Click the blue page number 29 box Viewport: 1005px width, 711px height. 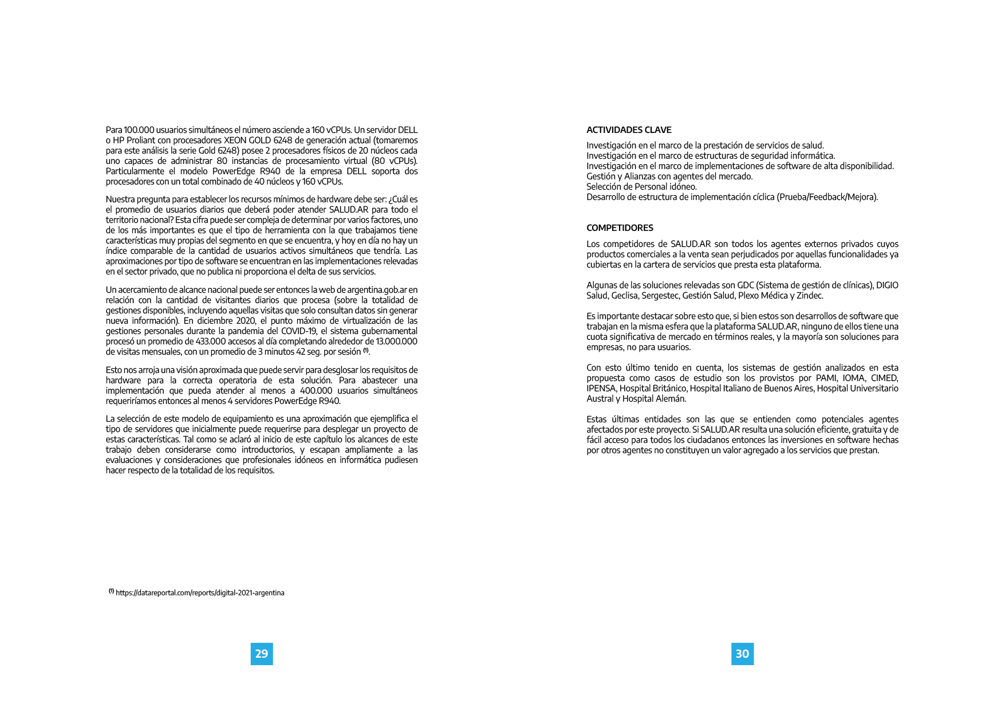point(262,654)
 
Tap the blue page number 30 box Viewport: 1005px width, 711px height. point(742,654)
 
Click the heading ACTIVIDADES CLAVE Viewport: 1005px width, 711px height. point(629,130)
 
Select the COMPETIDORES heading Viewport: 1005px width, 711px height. point(620,228)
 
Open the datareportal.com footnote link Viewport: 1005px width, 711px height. point(200,593)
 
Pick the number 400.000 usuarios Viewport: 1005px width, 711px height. point(316,391)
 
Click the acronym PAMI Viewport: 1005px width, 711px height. point(824,378)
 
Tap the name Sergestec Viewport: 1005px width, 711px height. point(660,296)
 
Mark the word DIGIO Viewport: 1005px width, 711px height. point(887,285)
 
